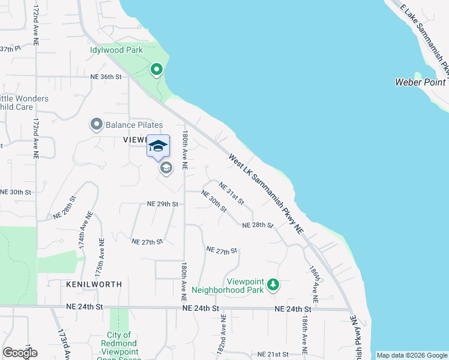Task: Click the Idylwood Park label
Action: [x=116, y=50]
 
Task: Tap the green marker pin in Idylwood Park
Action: [x=157, y=70]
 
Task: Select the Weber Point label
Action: [x=420, y=82]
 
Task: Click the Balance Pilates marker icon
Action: [x=96, y=125]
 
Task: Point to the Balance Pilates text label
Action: [x=134, y=125]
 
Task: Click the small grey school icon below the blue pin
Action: [x=166, y=169]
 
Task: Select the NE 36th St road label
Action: [x=106, y=77]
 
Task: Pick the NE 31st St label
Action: [x=231, y=193]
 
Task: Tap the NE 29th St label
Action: [x=163, y=204]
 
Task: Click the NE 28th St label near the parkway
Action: [x=258, y=226]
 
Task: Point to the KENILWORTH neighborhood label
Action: [x=94, y=284]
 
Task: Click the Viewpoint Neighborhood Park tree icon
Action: [x=273, y=284]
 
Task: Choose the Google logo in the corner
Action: [x=20, y=353]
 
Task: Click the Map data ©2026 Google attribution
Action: [x=412, y=355]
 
